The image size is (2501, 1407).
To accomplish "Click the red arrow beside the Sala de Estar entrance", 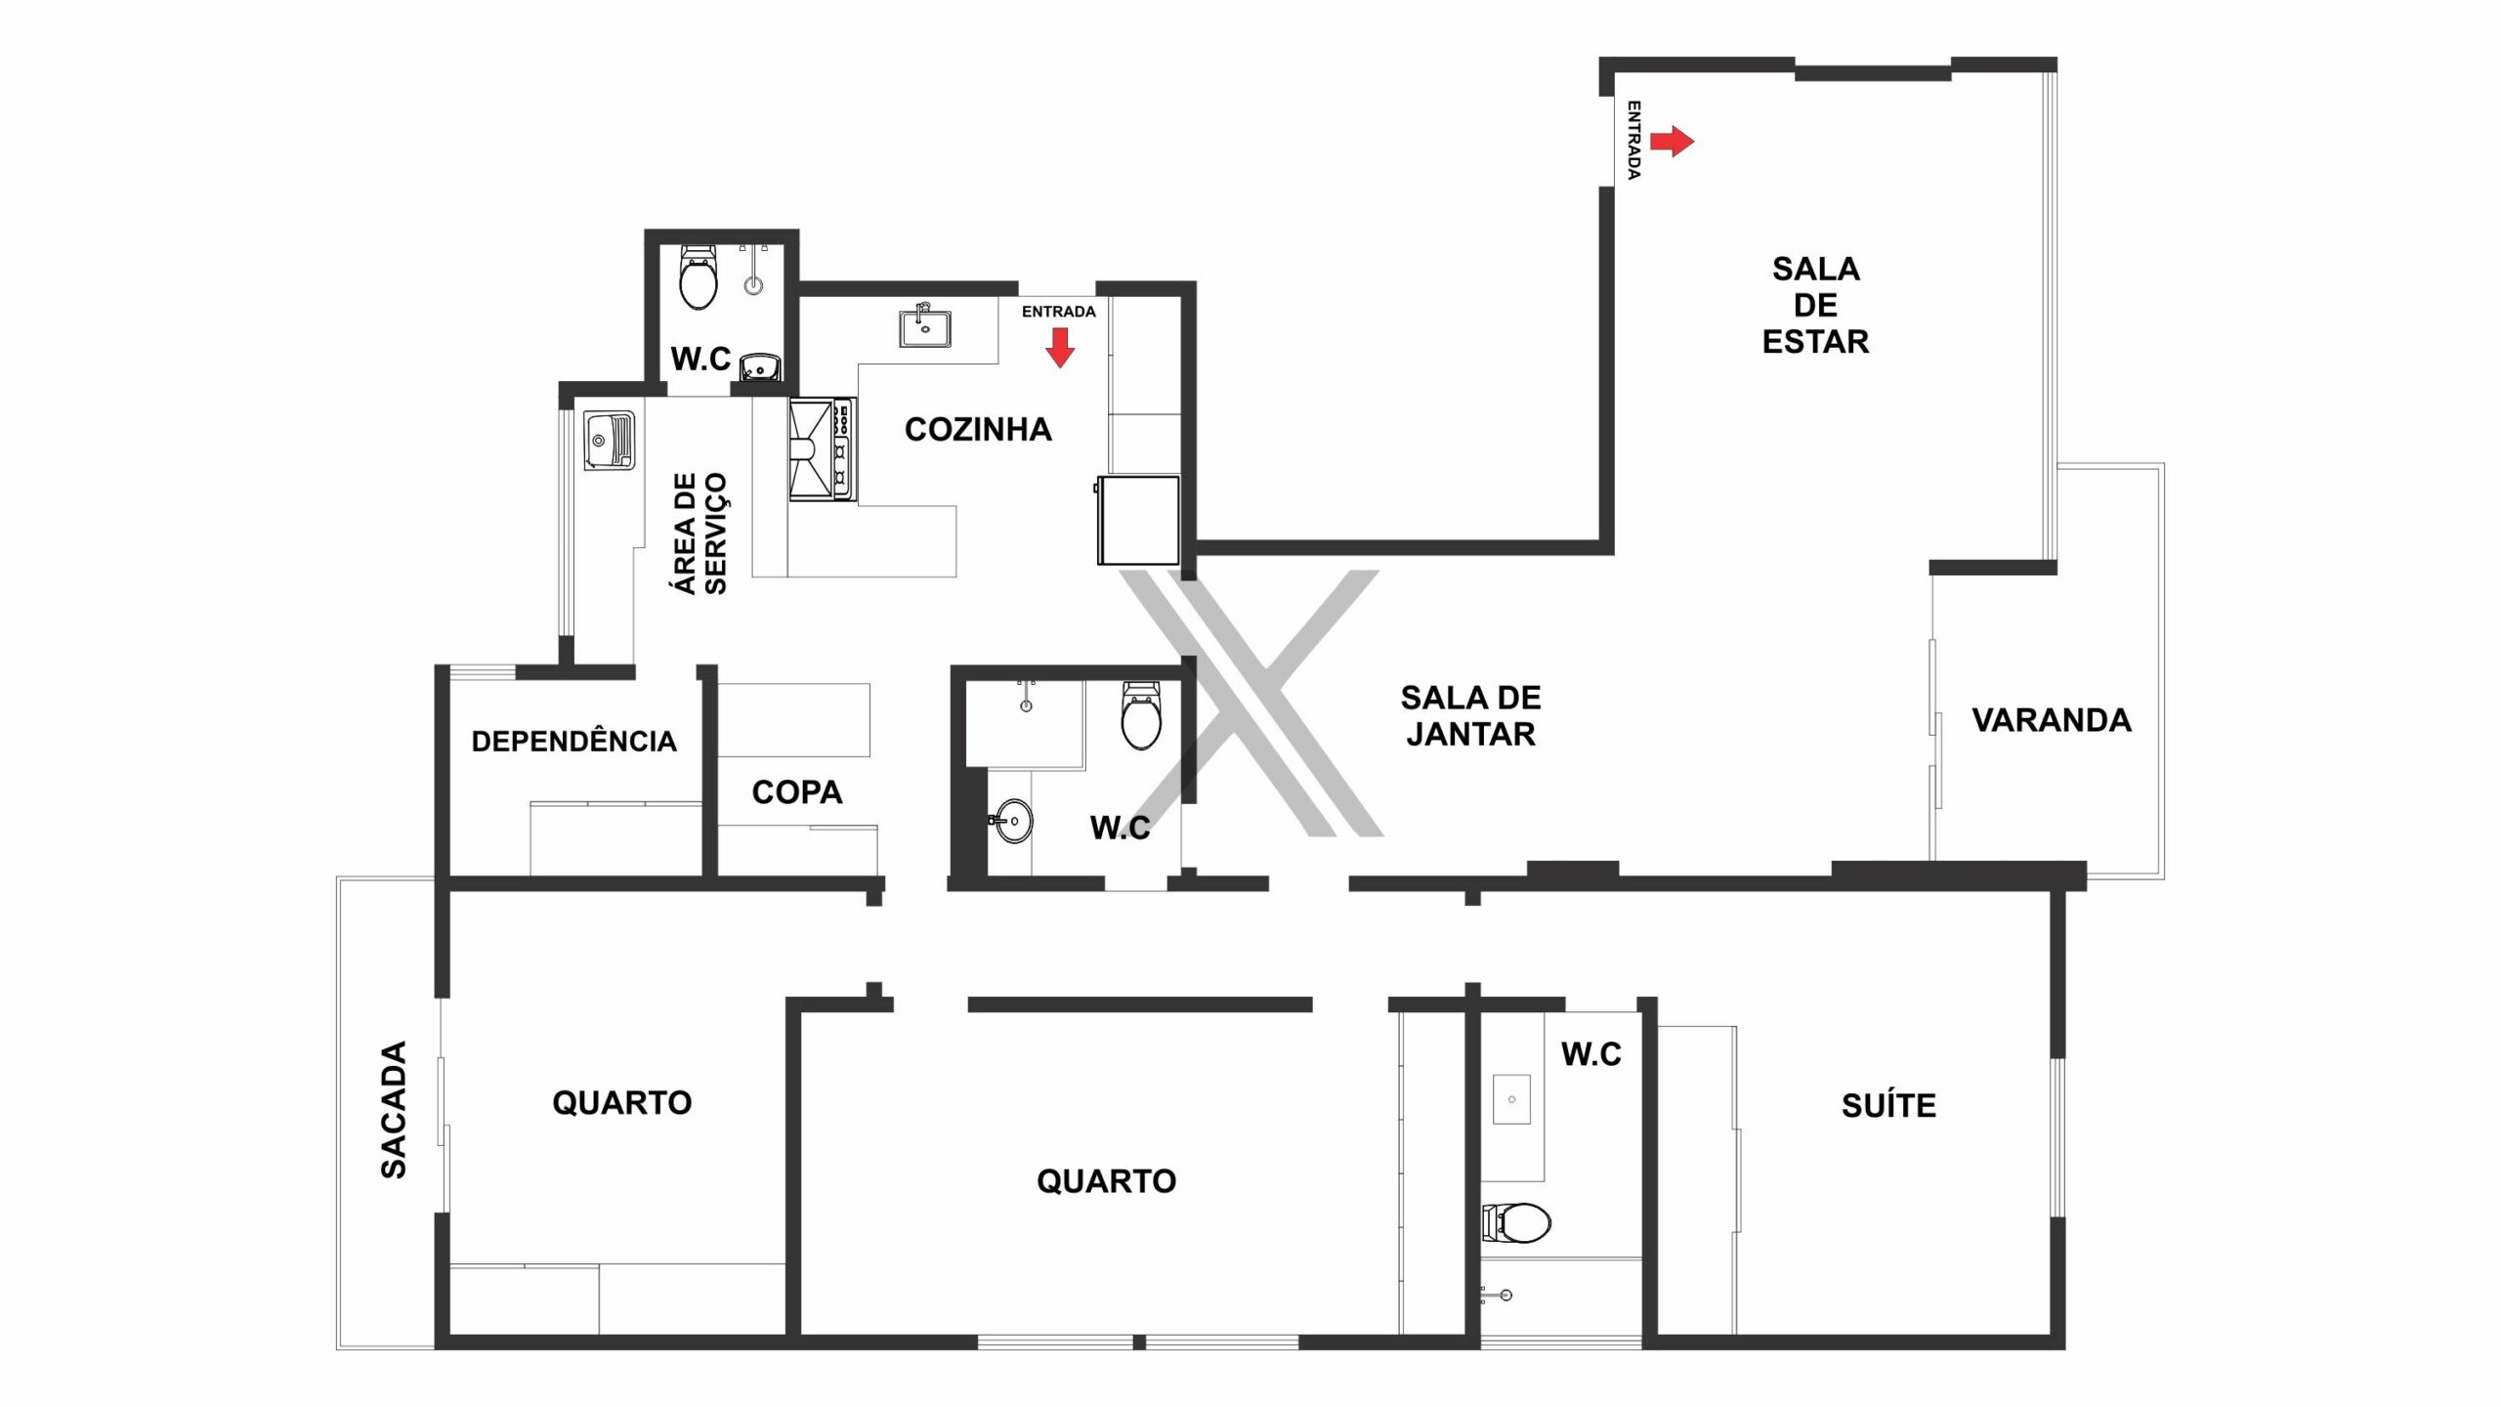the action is point(1672,142).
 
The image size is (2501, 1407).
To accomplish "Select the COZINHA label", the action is point(978,429).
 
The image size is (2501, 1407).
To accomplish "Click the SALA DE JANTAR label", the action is point(1470,715).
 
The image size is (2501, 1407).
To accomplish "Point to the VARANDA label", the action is point(2052,720).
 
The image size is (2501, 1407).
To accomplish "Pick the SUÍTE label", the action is point(1888,1105).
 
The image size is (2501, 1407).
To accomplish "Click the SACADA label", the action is point(394,1110).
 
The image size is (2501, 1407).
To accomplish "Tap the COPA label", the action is point(797,791).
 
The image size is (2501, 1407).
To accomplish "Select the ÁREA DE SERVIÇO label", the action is point(700,533).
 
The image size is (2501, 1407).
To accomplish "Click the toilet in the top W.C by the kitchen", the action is point(698,277).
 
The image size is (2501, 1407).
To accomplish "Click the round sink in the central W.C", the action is point(1011,821).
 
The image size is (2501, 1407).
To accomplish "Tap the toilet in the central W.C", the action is point(1140,716).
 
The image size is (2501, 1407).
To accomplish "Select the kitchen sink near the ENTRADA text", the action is point(924,326).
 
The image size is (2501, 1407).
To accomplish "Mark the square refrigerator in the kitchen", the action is point(1138,520).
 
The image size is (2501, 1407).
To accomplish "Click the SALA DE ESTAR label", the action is point(1815,305).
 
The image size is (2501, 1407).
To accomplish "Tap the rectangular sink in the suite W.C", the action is point(1512,1099).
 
